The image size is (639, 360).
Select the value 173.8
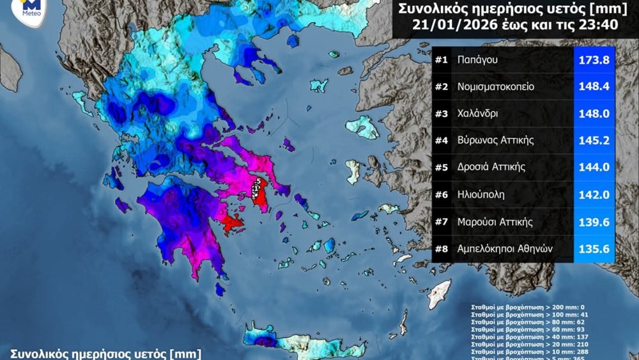coord(594,59)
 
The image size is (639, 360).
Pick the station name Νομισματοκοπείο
coord(495,86)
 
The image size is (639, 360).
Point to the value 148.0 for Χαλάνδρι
coord(594,113)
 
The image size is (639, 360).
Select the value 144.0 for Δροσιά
coord(594,168)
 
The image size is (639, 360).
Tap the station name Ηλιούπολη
coord(481,194)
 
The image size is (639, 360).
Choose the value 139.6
coord(594,221)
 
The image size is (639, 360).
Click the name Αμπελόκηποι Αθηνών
coord(504,249)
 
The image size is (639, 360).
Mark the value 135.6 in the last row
coord(594,249)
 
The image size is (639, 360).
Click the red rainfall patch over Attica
coord(260,192)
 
